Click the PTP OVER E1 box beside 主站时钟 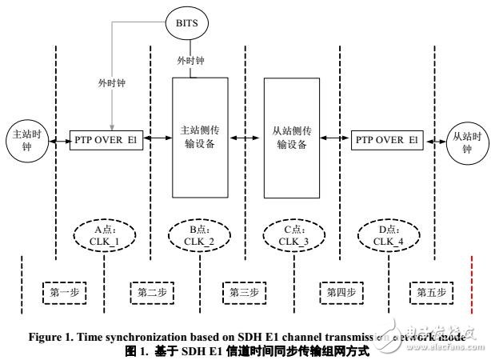tap(107, 139)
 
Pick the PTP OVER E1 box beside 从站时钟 tap(385, 139)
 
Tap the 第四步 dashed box tap(342, 293)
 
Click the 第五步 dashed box tap(432, 293)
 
